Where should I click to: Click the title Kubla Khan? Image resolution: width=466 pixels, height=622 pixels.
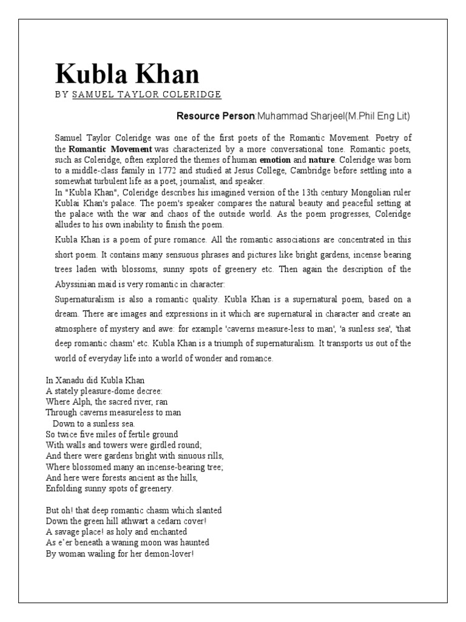click(127, 74)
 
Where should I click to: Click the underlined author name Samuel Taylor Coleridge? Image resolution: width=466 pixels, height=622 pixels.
click(146, 95)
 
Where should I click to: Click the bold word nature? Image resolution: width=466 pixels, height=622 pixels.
click(321, 159)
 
